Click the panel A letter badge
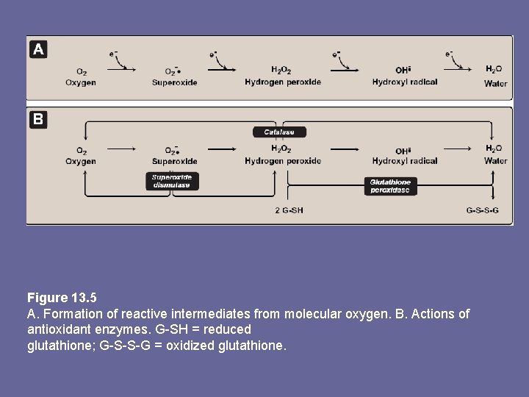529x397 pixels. click(x=38, y=50)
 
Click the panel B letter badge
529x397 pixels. click(x=38, y=118)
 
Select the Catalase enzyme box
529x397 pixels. click(x=279, y=132)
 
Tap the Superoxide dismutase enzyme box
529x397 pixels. click(x=172, y=181)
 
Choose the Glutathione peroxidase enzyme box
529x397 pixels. click(x=390, y=186)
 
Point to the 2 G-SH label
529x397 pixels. click(x=289, y=211)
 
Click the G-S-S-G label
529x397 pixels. click(x=482, y=211)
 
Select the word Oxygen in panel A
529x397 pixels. click(x=80, y=82)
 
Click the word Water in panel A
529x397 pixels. click(x=496, y=83)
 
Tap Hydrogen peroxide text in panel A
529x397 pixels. click(x=283, y=82)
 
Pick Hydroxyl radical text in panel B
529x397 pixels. click(x=405, y=161)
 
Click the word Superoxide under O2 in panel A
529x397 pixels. click(x=175, y=82)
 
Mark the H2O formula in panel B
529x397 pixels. click(x=494, y=149)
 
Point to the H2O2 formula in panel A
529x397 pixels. click(x=281, y=71)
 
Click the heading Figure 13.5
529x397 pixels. click(x=62, y=298)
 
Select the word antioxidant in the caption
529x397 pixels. click(x=60, y=329)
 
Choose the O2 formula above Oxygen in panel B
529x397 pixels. click(x=80, y=150)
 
